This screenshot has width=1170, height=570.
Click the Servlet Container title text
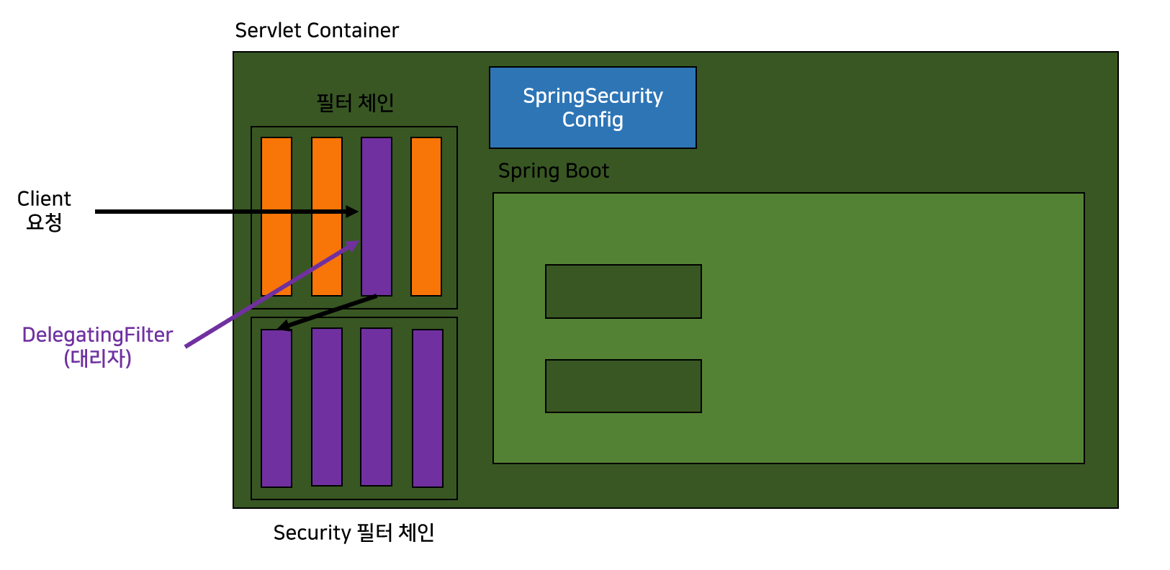coord(317,30)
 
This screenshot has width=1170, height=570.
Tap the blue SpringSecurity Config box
coord(593,108)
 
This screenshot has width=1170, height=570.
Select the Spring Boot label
coord(553,171)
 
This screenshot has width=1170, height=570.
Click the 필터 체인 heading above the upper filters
coord(355,103)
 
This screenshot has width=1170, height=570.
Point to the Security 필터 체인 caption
coord(354,533)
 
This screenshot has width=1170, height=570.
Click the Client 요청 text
coord(44,210)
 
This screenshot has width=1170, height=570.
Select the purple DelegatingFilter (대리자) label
coord(97,346)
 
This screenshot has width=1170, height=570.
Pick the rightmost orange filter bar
coord(426,216)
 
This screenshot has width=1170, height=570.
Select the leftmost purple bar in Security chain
coord(276,410)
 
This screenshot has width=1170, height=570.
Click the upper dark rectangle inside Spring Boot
coord(624,291)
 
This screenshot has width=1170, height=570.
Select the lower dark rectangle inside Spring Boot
coord(624,386)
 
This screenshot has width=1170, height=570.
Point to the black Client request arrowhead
coord(352,212)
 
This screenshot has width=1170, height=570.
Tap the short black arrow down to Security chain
coord(328,312)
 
